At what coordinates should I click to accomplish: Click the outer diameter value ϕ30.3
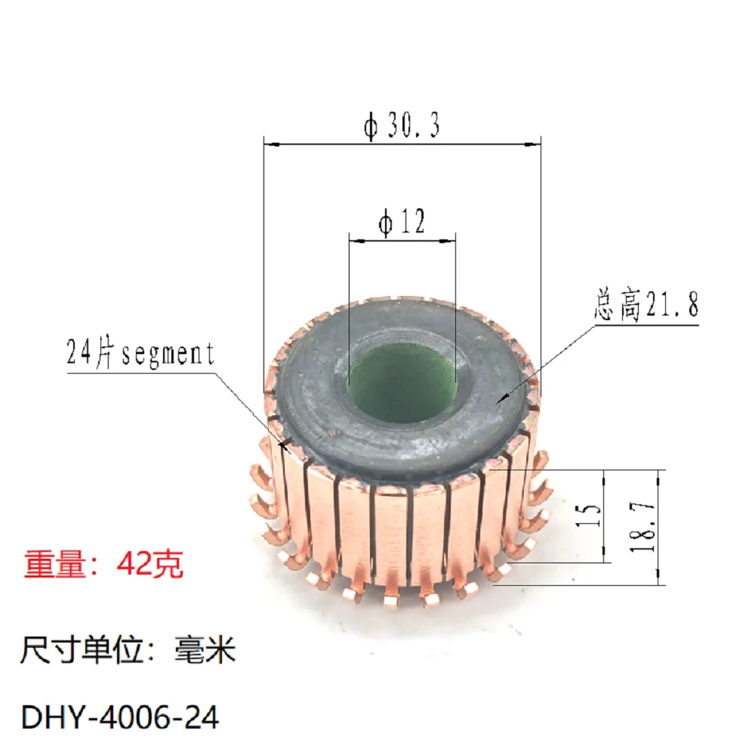(402, 125)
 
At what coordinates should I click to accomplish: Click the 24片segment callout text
(140, 353)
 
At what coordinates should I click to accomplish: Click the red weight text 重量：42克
(103, 564)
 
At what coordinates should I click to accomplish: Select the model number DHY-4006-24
(121, 717)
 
